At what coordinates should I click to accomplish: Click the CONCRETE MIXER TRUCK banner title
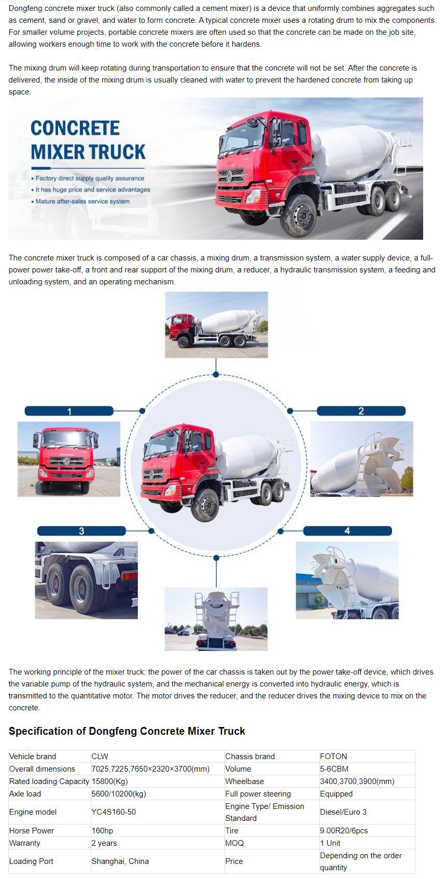point(88,140)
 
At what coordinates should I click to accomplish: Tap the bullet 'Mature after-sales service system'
point(82,201)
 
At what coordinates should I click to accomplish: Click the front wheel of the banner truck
point(301,215)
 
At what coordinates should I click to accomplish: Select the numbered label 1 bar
point(69,411)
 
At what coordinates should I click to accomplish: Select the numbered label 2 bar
point(361,411)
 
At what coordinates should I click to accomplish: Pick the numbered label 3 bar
point(81,530)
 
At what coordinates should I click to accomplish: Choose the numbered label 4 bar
point(347,530)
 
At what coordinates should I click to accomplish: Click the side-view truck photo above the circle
point(216,324)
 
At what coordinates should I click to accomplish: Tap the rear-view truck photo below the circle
point(216,619)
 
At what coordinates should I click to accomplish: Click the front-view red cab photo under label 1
point(69,459)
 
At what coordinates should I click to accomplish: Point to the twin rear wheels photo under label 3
point(86,580)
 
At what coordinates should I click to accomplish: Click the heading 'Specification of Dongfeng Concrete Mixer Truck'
point(127,731)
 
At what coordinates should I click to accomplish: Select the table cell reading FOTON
point(333,756)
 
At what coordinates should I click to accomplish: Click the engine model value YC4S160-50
point(114,812)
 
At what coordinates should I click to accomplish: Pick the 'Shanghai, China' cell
point(120,861)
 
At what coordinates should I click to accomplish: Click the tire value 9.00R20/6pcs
point(344,830)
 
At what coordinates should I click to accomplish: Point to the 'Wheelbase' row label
point(244,781)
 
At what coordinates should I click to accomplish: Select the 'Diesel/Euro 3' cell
point(343,812)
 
